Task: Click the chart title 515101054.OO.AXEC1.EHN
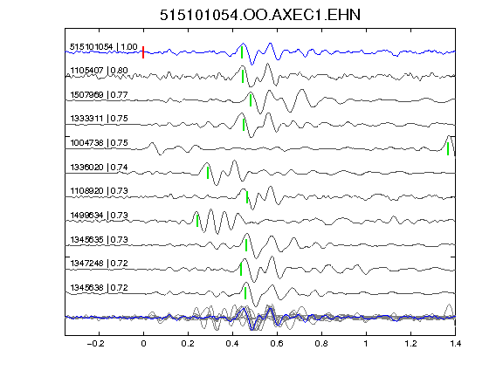(260, 15)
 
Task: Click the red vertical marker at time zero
(143, 52)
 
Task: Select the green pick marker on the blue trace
(242, 52)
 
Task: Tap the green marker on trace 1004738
(448, 148)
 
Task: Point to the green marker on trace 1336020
(208, 173)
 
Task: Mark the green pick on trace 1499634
(197, 221)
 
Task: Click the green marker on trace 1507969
(251, 99)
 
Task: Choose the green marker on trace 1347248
(241, 270)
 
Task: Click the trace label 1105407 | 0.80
(99, 70)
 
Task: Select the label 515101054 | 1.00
(104, 47)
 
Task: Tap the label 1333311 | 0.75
(99, 119)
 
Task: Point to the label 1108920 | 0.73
(99, 191)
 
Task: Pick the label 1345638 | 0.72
(99, 288)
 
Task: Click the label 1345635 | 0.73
(99, 239)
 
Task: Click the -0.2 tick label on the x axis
(95, 344)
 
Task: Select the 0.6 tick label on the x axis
(277, 344)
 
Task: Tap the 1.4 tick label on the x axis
(455, 344)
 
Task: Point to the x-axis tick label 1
(366, 344)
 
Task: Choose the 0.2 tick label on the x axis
(188, 344)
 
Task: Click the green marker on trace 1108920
(247, 197)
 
